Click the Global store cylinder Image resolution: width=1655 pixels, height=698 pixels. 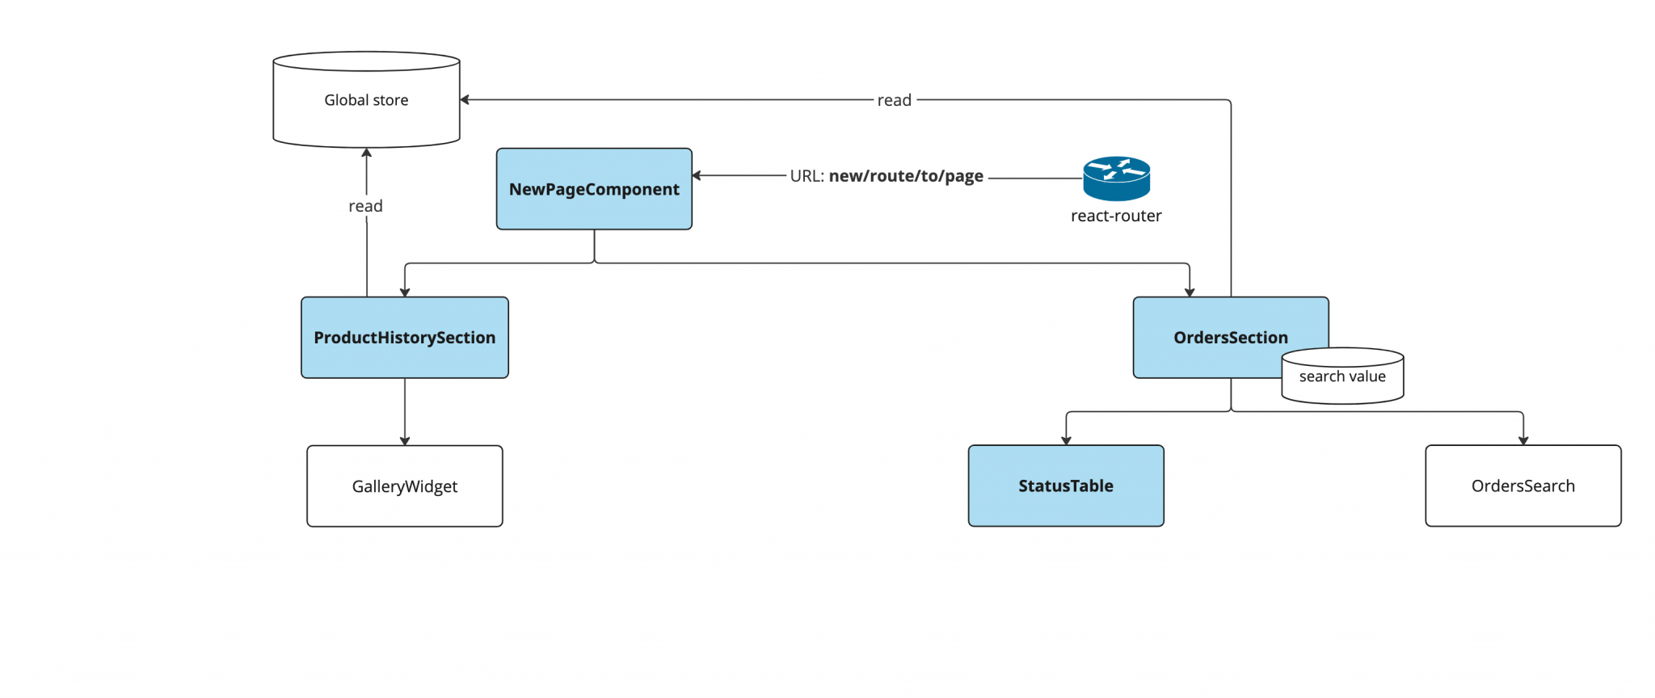[x=366, y=100]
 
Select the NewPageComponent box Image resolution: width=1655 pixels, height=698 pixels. [x=594, y=189]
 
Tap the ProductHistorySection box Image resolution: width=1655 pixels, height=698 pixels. [x=404, y=338]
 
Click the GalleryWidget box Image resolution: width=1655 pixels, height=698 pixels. [x=404, y=486]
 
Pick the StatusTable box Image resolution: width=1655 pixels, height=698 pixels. [x=1066, y=486]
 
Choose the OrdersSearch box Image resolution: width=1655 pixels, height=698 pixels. [x=1522, y=486]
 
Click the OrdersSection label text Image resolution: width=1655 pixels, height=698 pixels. [x=1230, y=338]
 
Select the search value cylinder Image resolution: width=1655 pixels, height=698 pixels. [x=1342, y=376]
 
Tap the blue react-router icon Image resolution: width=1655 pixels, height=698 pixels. [x=1116, y=179]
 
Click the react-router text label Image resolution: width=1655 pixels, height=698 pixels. [x=1116, y=216]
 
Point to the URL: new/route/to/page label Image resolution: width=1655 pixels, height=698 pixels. [x=886, y=176]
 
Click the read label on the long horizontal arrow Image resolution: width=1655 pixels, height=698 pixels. [x=894, y=100]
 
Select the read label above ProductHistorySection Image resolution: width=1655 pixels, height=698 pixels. [x=365, y=206]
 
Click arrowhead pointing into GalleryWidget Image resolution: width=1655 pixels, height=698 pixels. [x=405, y=440]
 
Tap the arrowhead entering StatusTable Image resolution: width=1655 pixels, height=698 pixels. [x=1066, y=440]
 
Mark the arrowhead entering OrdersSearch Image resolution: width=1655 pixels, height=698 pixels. [x=1523, y=440]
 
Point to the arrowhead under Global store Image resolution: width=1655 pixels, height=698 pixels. [x=366, y=153]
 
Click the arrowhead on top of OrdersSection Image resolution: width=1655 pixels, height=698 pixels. [x=1190, y=292]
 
